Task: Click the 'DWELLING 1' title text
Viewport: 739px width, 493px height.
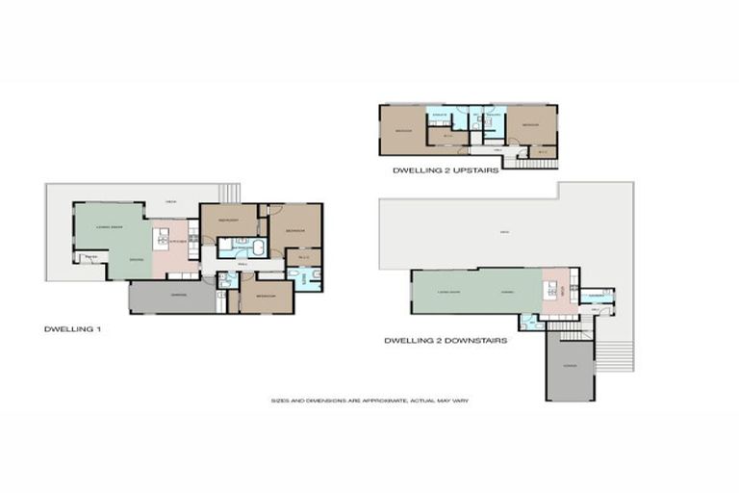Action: pos(72,329)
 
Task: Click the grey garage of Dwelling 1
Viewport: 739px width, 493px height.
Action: pos(173,297)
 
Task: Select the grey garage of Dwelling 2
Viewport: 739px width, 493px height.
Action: pos(571,367)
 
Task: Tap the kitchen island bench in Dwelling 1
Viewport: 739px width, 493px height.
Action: pos(162,238)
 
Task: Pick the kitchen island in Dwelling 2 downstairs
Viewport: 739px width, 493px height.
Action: pos(553,289)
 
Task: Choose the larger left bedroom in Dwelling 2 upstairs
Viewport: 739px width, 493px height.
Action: pos(402,130)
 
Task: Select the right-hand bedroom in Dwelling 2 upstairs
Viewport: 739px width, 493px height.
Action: pos(531,124)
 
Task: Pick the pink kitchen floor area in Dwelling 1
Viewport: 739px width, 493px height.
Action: pos(170,255)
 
